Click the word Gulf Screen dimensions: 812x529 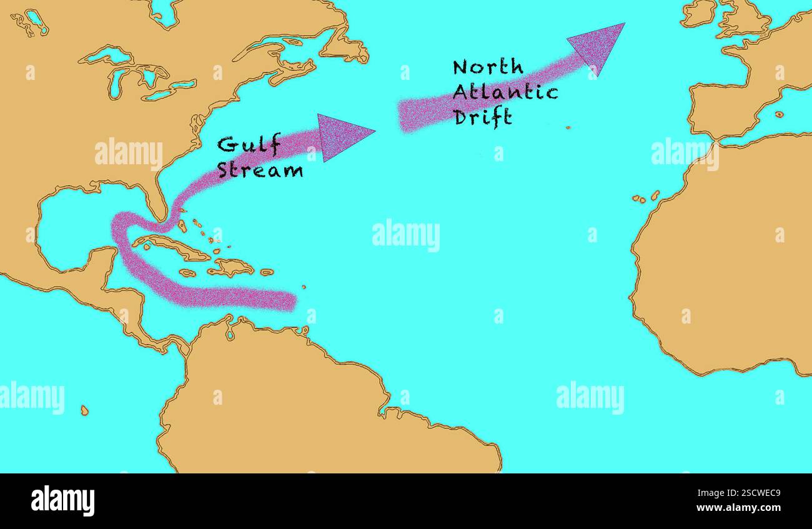pos(249,146)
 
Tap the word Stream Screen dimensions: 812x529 pos(260,170)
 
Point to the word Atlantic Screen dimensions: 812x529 pos(505,92)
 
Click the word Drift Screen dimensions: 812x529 pos(483,117)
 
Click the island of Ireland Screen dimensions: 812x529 pos(697,14)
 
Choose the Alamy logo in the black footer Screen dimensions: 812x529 pos(62,501)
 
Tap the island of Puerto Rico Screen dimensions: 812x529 pos(267,272)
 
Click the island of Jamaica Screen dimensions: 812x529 pos(187,273)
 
